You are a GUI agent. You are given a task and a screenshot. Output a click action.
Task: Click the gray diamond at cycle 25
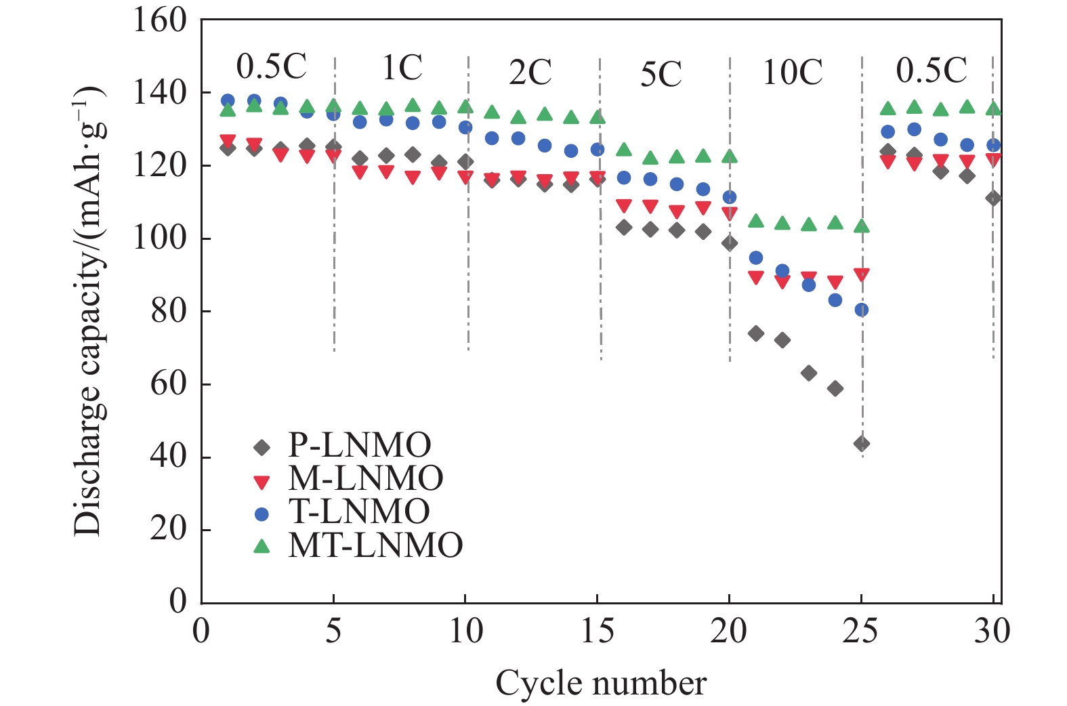[862, 444]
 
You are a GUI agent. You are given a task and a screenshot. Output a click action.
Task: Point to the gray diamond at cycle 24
[835, 388]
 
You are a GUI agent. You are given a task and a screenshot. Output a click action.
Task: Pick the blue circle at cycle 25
[862, 310]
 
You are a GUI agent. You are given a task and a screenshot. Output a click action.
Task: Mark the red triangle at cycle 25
[862, 274]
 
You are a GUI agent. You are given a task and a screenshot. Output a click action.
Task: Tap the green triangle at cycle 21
[756, 221]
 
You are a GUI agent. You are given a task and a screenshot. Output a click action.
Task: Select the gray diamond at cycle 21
[756, 333]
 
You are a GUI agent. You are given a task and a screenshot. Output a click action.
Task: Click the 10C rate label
[793, 72]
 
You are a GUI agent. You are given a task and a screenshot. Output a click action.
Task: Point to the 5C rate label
[661, 75]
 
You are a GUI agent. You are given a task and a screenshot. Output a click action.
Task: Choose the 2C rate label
[530, 72]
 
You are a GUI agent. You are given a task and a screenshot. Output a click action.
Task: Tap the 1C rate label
[402, 68]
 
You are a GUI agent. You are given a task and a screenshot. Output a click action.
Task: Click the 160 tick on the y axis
[159, 20]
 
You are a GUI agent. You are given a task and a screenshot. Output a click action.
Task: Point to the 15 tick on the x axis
[598, 631]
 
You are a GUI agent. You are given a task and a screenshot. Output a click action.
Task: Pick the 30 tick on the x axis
[992, 631]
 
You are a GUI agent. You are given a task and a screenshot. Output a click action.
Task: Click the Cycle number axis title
[601, 683]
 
